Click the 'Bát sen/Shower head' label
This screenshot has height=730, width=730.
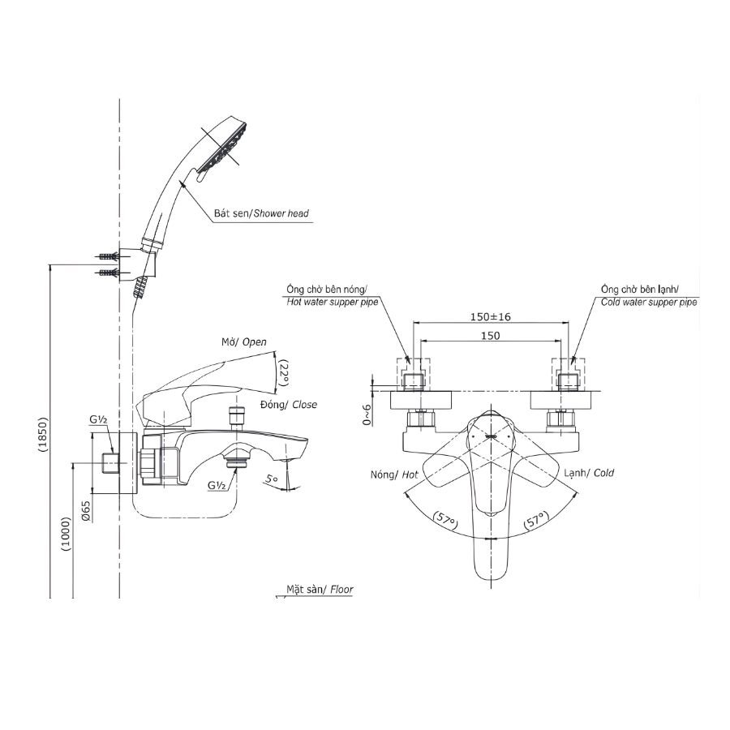261,214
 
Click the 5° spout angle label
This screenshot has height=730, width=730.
271,480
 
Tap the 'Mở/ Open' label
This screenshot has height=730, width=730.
243,342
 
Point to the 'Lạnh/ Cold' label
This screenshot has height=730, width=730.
589,473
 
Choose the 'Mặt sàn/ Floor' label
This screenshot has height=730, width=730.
320,590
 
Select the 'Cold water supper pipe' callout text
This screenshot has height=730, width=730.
649,301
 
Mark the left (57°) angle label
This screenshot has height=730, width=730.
443,518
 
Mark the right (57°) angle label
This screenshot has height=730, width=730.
536,518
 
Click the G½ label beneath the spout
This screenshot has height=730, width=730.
217,485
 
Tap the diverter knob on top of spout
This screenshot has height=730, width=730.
237,416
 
